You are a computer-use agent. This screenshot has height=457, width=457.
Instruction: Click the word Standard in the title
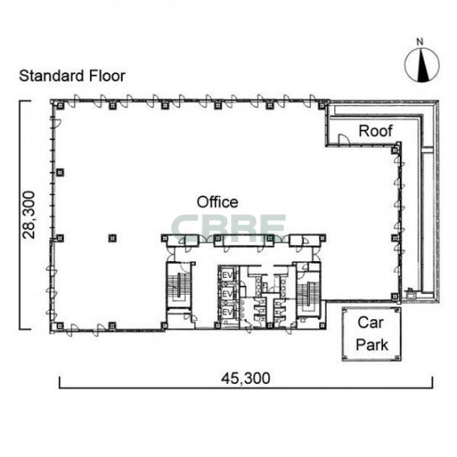(x=51, y=76)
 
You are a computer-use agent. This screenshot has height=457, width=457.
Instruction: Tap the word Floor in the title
(x=108, y=76)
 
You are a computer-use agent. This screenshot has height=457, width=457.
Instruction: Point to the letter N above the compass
(x=419, y=42)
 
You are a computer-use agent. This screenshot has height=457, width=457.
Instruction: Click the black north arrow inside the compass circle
(x=423, y=66)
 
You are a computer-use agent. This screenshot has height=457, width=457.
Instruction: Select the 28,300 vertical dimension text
(x=29, y=215)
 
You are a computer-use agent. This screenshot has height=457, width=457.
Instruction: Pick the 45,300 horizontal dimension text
(x=245, y=378)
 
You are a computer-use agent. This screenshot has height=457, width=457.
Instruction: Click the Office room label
(x=218, y=202)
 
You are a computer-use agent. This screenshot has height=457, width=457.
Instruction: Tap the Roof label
(x=376, y=131)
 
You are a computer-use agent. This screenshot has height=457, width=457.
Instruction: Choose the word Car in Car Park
(x=370, y=323)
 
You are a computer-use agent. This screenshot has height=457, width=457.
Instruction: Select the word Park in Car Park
(x=372, y=344)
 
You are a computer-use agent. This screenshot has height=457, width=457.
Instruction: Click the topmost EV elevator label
(x=228, y=276)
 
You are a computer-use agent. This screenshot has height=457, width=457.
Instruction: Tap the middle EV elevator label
(x=228, y=294)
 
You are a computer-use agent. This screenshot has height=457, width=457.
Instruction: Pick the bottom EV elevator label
(x=228, y=313)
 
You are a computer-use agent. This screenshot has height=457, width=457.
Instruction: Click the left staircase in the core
(x=178, y=286)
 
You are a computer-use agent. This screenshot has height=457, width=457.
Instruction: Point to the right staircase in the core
(x=308, y=295)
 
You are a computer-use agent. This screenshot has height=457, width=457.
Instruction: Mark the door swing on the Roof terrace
(x=344, y=139)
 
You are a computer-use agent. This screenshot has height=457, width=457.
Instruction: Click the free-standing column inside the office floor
(x=113, y=239)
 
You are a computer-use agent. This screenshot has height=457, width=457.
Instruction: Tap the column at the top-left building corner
(x=60, y=106)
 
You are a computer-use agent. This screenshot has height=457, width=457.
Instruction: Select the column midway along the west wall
(x=60, y=172)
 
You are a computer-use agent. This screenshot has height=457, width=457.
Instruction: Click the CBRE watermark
(x=228, y=228)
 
